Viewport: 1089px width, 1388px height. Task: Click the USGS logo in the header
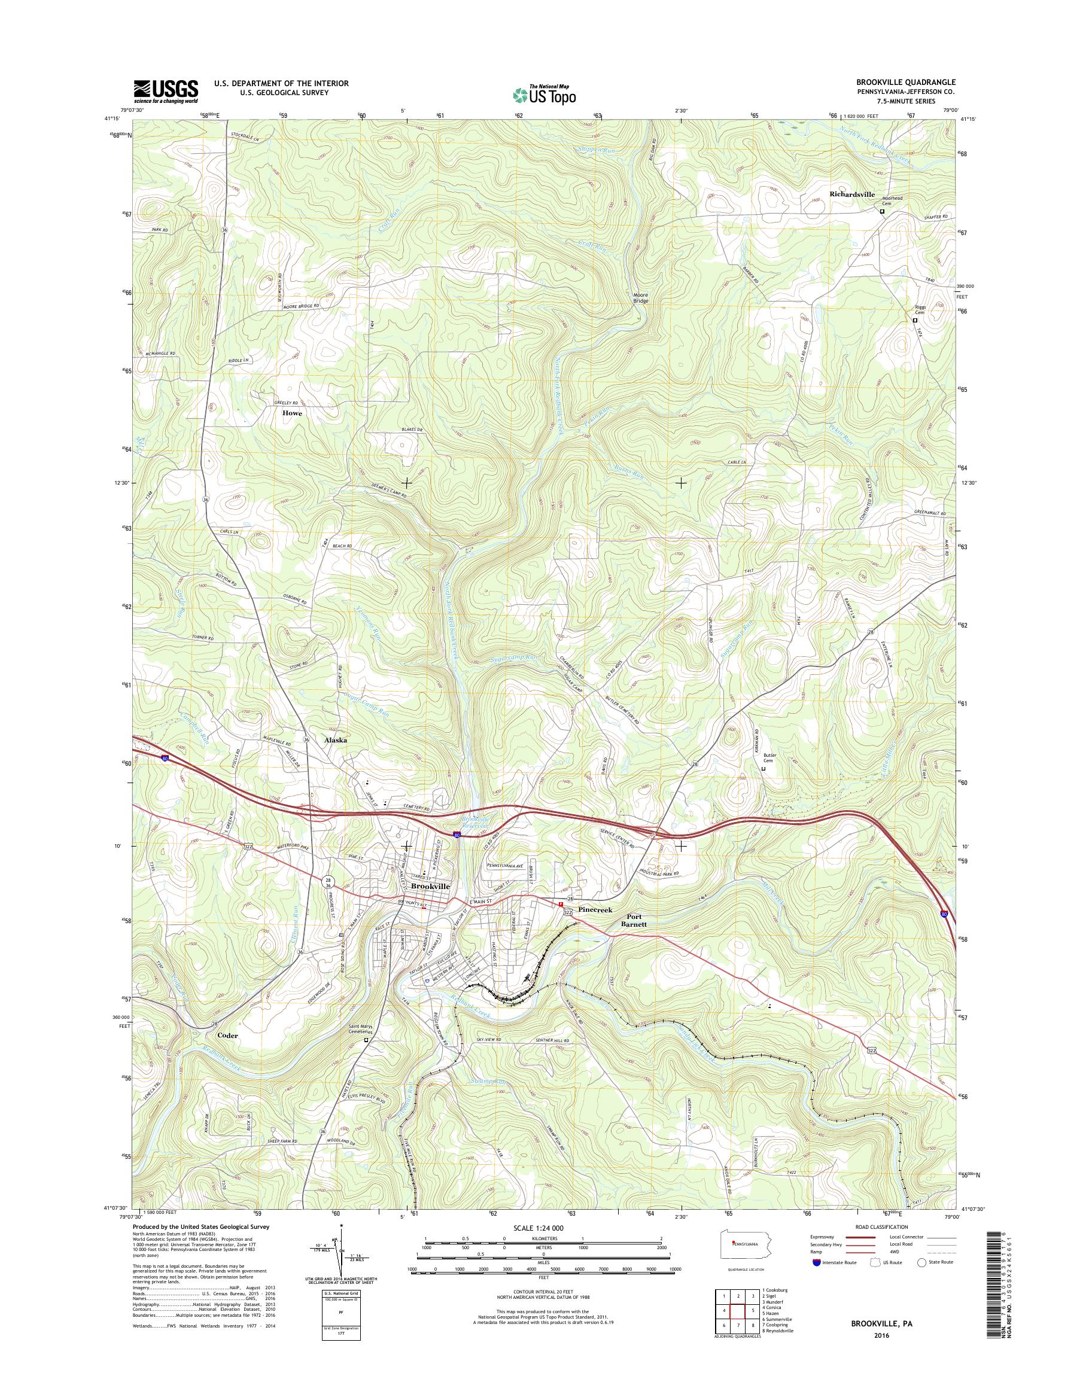point(165,91)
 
